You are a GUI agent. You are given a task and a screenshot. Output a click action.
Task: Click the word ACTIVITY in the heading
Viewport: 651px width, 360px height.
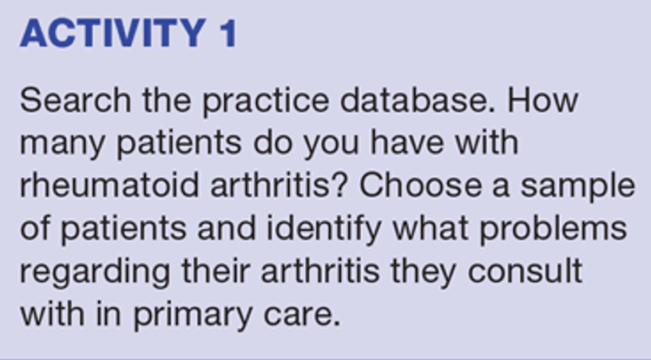[x=113, y=33]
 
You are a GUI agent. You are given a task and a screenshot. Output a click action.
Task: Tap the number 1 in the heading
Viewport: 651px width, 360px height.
[x=229, y=33]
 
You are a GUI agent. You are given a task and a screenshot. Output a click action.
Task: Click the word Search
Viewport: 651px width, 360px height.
[x=76, y=101]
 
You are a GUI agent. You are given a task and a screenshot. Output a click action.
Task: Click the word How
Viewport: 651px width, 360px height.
[x=543, y=101]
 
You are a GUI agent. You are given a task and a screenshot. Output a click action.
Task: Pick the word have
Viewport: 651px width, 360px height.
[x=407, y=143]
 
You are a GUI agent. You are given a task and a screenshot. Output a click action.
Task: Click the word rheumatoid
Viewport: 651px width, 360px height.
[x=109, y=186]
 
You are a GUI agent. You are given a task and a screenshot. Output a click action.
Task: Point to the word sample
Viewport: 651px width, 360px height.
[x=577, y=187]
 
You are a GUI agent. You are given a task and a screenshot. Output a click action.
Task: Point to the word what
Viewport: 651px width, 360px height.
[x=431, y=228]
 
